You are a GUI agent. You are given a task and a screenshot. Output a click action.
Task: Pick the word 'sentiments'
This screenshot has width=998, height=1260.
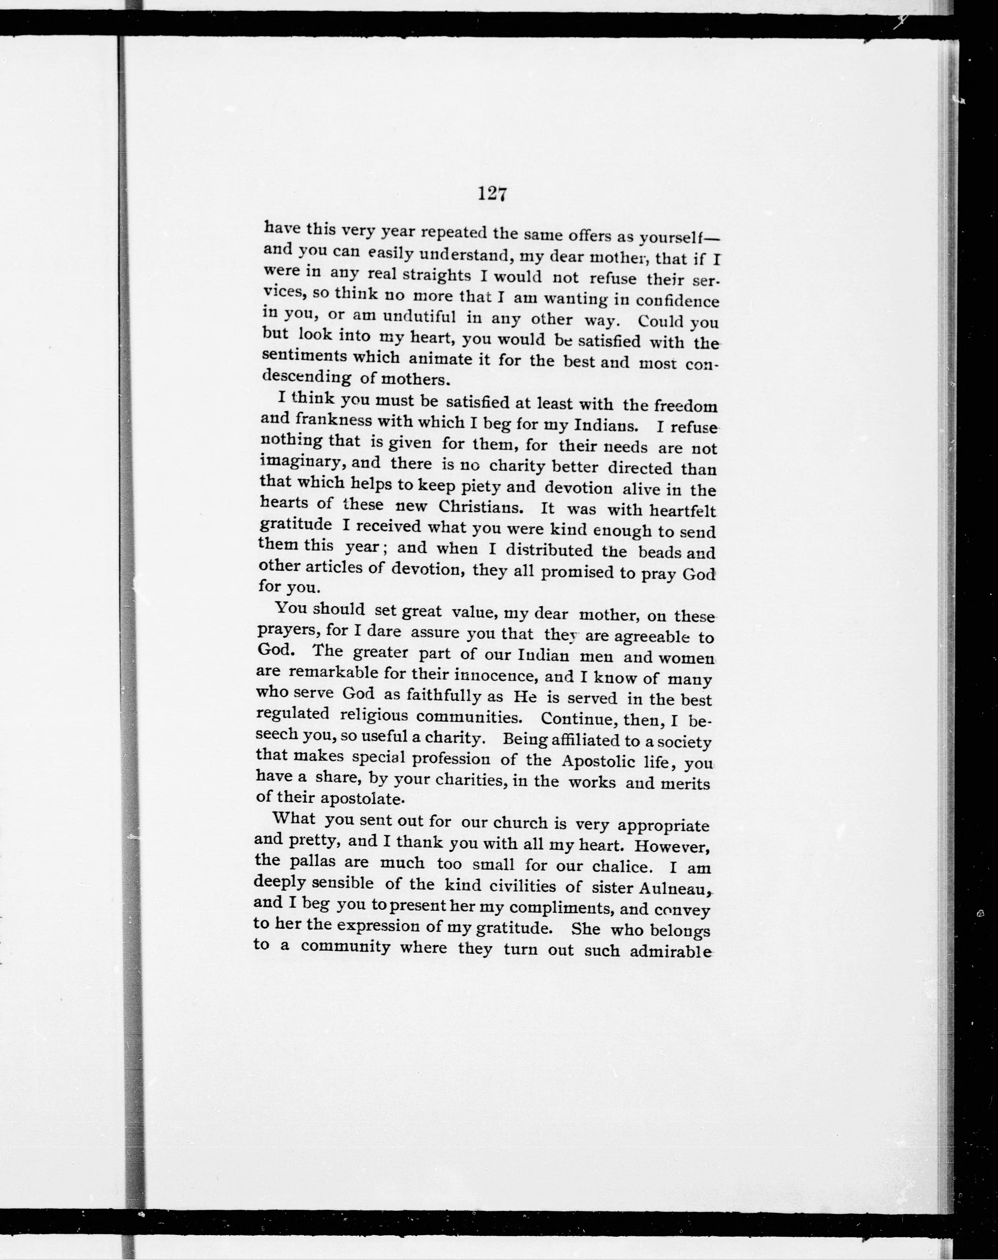pos(303,356)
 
